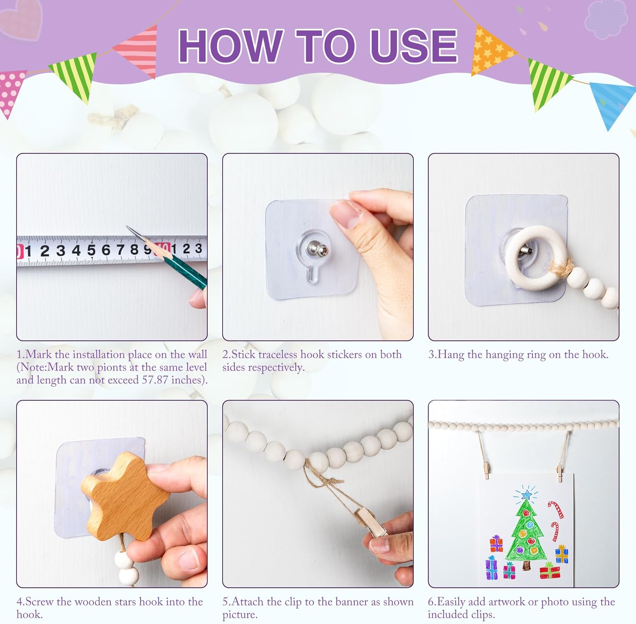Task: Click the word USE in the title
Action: (x=413, y=46)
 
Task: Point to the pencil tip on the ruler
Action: (x=128, y=227)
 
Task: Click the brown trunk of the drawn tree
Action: (x=527, y=565)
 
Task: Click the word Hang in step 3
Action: (x=450, y=355)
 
